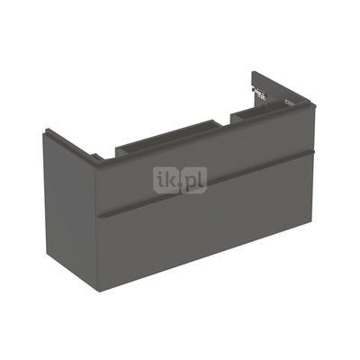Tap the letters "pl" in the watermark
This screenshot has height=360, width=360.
pos(193,181)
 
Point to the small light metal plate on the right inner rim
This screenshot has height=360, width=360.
pos(289,102)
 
